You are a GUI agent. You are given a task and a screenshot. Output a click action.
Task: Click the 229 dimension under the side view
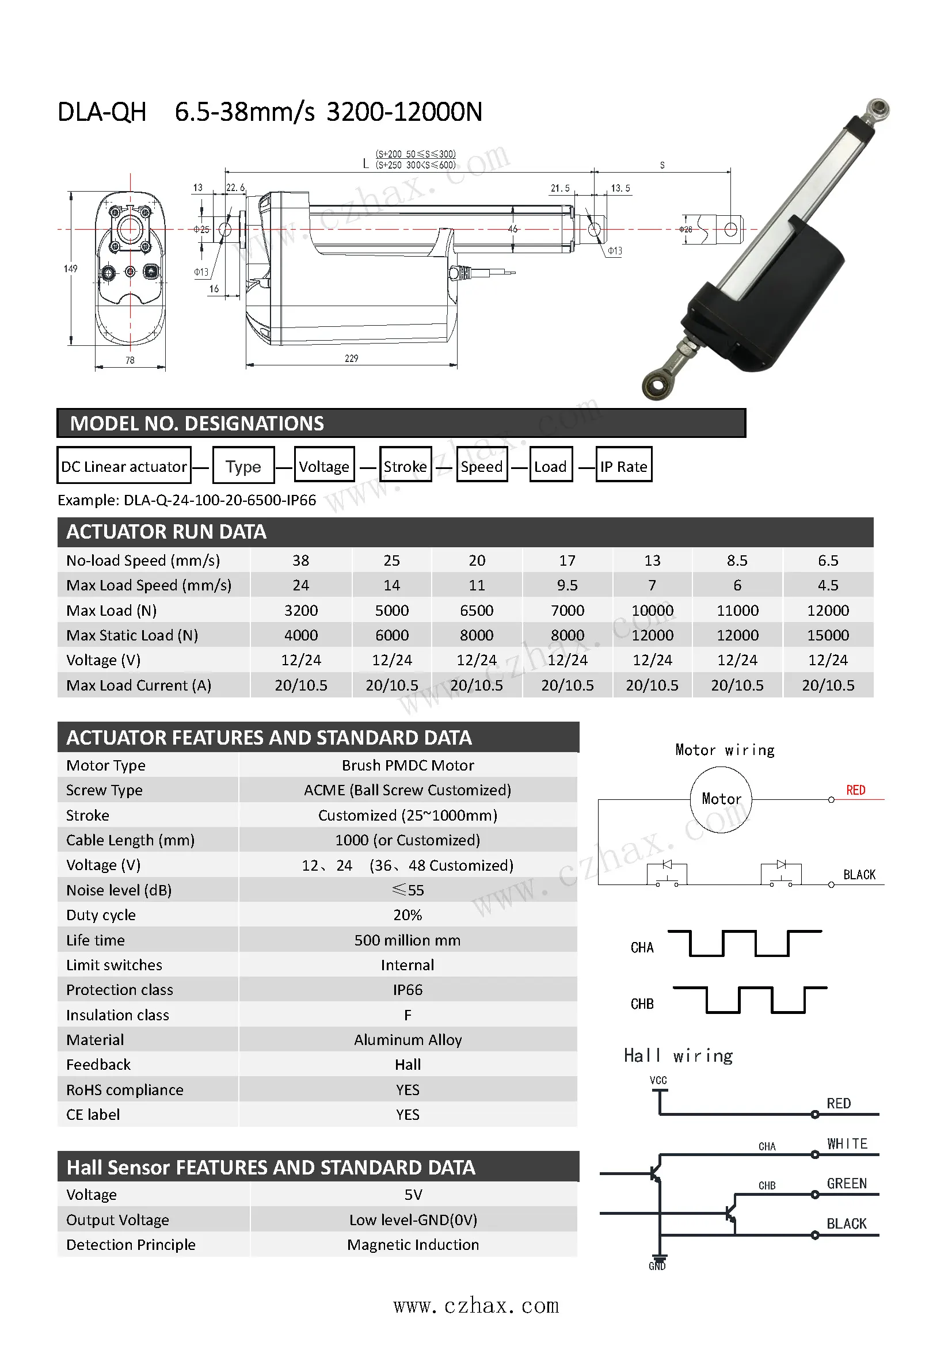[351, 358]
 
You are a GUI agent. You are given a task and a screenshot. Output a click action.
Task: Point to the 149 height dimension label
[70, 269]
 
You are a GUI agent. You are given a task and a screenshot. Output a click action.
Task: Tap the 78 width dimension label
[130, 360]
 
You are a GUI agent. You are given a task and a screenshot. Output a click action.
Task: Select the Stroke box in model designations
[405, 466]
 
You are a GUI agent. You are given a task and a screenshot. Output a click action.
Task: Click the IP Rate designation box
[623, 466]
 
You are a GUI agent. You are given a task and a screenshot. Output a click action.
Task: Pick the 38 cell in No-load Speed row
[300, 560]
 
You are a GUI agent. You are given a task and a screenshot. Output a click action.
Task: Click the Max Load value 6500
[477, 610]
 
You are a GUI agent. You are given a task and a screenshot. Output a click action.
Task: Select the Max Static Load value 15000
[828, 635]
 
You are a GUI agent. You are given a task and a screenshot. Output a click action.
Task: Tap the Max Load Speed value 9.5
[567, 585]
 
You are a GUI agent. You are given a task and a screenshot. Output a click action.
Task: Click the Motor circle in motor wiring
[721, 799]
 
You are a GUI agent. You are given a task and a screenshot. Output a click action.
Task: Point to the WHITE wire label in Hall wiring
[847, 1144]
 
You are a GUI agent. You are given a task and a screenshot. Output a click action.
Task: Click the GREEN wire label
[847, 1184]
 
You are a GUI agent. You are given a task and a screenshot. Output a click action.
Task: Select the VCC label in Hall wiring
[658, 1080]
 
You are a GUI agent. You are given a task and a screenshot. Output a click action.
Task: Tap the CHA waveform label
[642, 948]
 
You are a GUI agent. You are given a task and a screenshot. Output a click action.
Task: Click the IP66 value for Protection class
[408, 990]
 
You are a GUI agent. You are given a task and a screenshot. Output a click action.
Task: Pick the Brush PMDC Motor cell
[408, 765]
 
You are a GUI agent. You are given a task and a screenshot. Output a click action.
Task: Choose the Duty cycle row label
[101, 915]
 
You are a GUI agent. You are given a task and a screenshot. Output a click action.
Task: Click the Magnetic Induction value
[413, 1245]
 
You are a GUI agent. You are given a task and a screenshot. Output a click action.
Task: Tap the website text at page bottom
[475, 1306]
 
